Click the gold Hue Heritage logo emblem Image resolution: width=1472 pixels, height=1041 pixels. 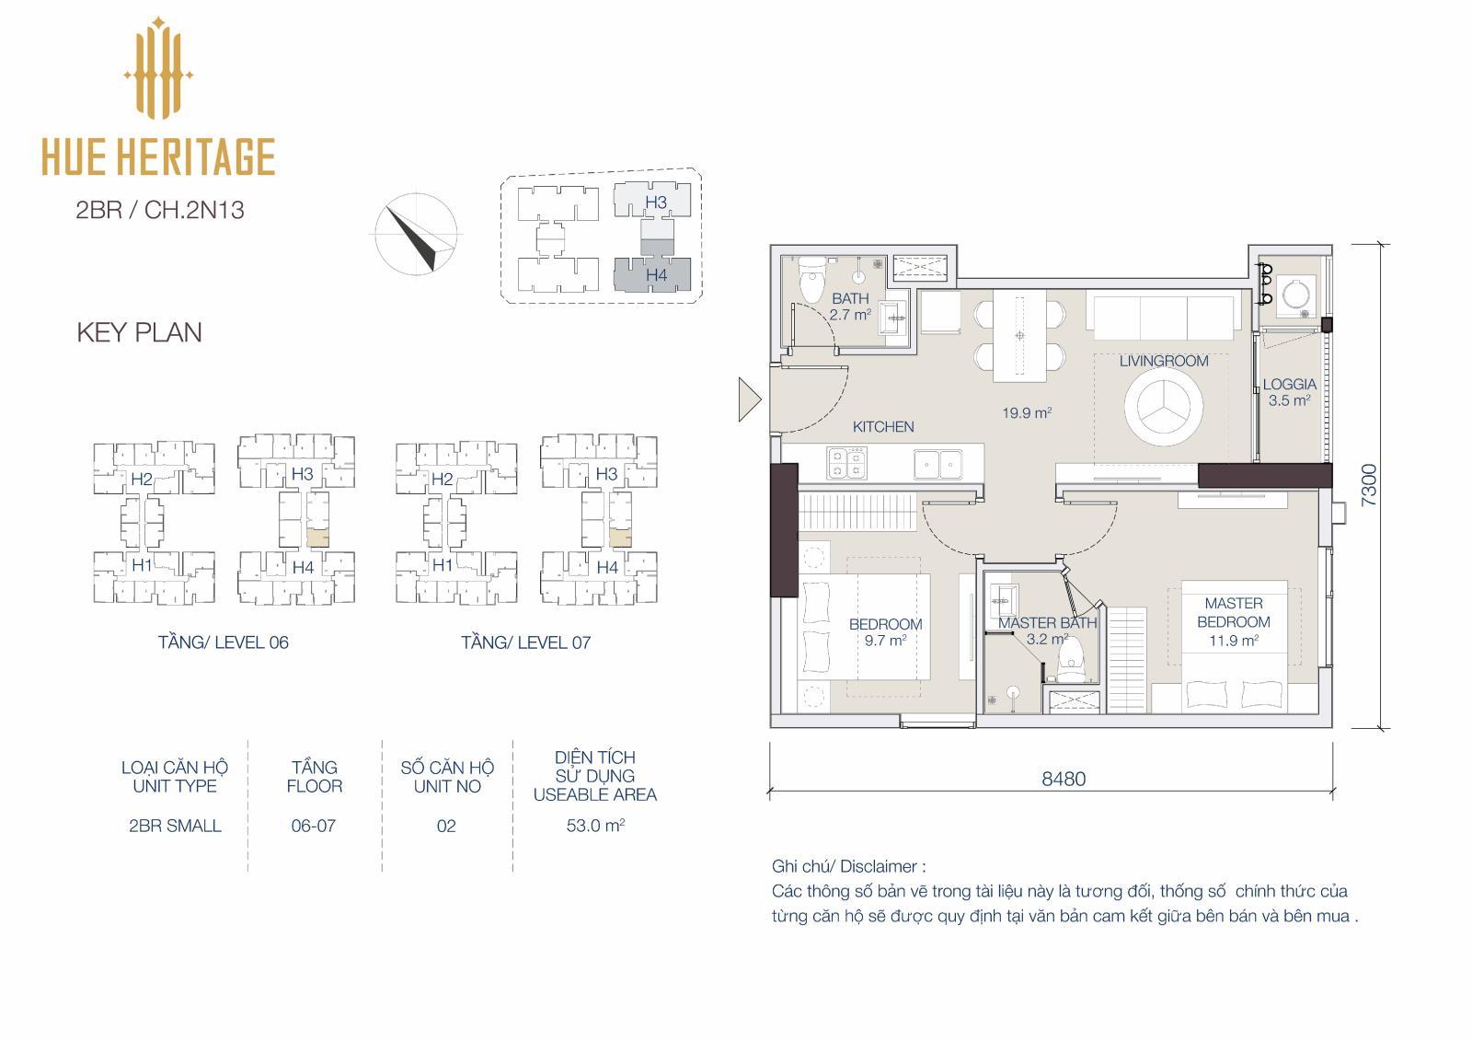pos(157,68)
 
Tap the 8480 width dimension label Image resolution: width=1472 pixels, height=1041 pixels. pos(1064,779)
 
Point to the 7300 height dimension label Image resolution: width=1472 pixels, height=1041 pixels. pos(1368,485)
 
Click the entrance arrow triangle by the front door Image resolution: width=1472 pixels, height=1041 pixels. pos(749,399)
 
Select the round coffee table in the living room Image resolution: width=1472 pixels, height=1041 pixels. pos(1163,407)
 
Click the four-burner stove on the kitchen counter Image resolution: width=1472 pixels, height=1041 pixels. pos(847,462)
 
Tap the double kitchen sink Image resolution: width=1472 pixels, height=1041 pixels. pos(938,464)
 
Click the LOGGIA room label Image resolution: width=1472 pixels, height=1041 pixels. pos(1289,384)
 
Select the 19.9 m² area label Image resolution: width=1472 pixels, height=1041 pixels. pos(1027,413)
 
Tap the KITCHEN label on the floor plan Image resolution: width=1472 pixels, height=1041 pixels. pos(883,427)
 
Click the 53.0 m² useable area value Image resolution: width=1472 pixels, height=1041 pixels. pos(594,826)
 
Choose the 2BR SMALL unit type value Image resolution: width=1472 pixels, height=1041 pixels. pos(175,826)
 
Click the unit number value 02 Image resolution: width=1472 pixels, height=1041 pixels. pos(446,826)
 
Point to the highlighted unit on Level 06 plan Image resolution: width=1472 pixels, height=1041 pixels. pos(318,538)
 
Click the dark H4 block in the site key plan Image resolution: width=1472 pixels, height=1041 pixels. pos(652,274)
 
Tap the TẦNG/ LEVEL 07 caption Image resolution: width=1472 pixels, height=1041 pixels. pos(525,642)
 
